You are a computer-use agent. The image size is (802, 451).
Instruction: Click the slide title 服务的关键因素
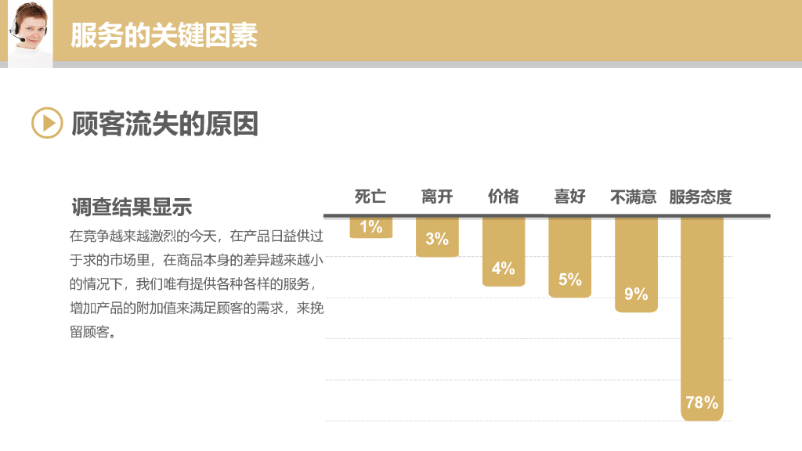[x=164, y=34]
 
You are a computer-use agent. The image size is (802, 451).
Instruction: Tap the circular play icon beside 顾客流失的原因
[x=47, y=123]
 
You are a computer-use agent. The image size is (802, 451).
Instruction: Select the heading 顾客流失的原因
[x=164, y=124]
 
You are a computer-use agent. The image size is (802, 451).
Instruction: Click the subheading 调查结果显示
[x=132, y=207]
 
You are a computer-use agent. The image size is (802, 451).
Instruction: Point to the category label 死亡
[x=370, y=197]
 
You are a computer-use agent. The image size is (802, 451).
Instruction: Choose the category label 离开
[x=437, y=197]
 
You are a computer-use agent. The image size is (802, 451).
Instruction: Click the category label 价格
[x=504, y=197]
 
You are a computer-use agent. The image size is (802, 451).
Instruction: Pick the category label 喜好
[x=570, y=197]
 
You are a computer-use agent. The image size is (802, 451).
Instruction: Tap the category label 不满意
[x=634, y=197]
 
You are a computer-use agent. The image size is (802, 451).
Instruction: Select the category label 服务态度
[x=700, y=197]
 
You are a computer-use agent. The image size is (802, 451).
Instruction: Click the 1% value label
[x=370, y=227]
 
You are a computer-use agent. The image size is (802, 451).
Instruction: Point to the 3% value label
[x=437, y=239]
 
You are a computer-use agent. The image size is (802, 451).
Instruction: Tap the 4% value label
[x=504, y=269]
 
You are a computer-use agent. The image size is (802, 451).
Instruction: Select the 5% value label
[x=570, y=280]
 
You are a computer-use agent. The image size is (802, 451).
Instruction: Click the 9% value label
[x=636, y=294]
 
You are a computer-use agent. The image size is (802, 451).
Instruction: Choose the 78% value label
[x=702, y=403]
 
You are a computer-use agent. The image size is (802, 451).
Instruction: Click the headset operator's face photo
[x=31, y=31]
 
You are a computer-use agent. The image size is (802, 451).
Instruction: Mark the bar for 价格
[x=504, y=243]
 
